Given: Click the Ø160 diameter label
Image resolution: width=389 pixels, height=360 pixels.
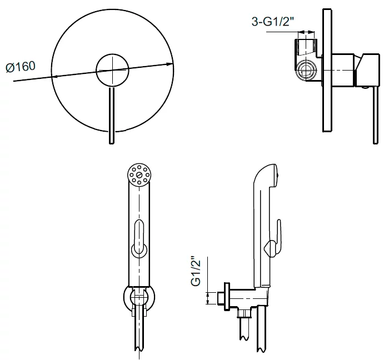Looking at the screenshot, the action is tap(21, 67).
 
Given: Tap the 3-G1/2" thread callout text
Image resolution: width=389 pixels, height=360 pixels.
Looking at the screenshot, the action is tap(273, 22).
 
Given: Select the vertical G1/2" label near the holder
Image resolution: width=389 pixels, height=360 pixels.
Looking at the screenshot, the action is tap(196, 272).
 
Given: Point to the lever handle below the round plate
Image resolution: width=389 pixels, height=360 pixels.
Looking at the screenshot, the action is tap(112, 115).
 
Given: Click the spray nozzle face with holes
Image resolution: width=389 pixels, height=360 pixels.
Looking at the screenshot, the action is tap(139, 174).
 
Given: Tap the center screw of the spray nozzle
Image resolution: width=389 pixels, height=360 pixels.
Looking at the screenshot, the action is tap(139, 174).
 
